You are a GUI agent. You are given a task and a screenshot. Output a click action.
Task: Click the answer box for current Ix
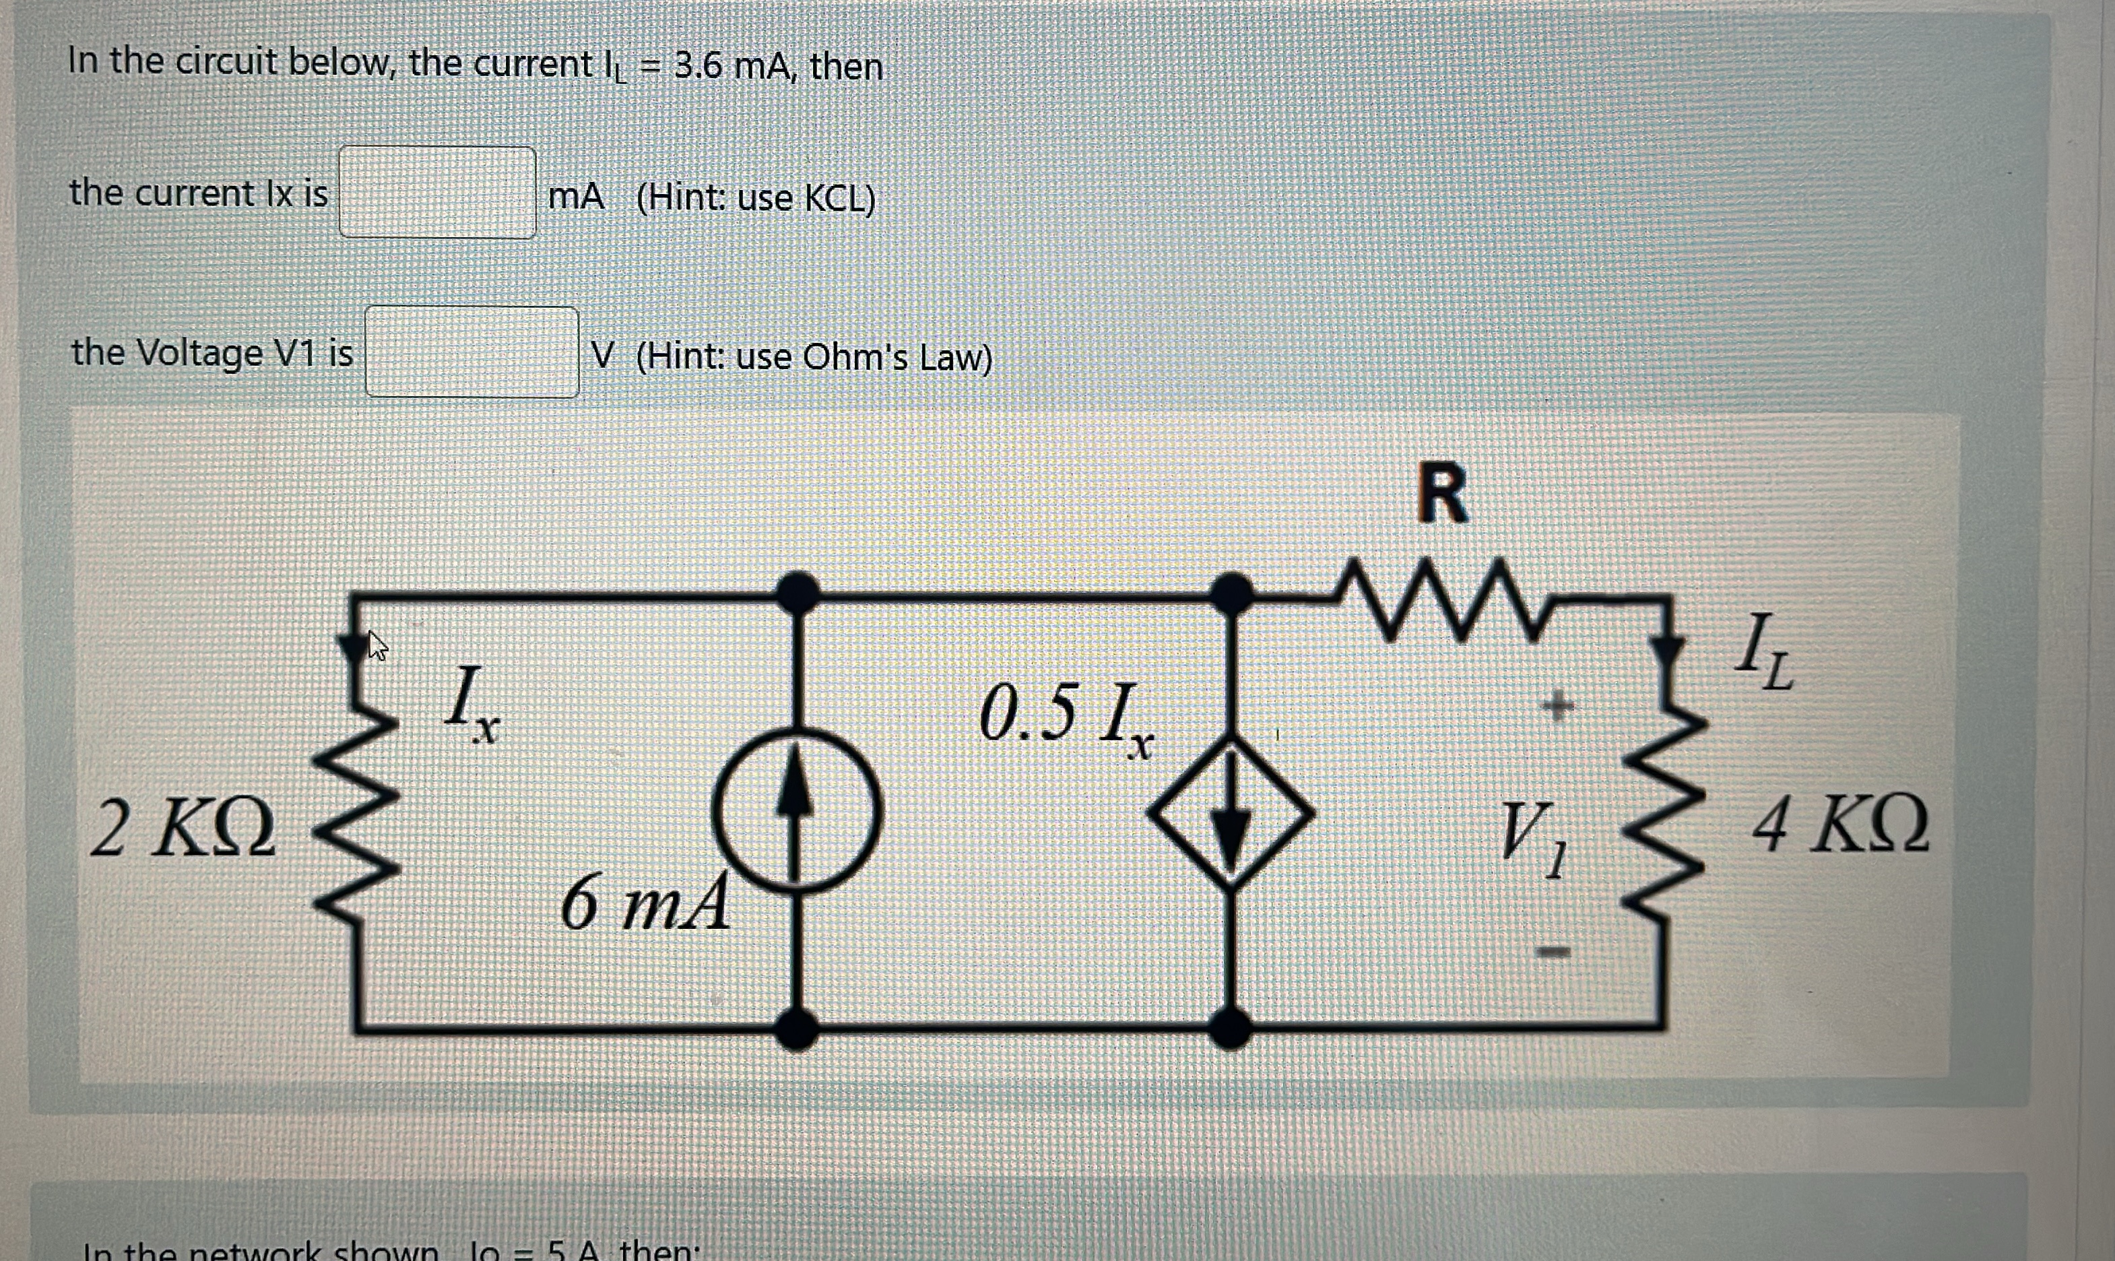(437, 192)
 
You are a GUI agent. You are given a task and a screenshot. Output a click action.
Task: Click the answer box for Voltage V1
(472, 352)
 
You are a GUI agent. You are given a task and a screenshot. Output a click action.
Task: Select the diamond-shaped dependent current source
(1230, 813)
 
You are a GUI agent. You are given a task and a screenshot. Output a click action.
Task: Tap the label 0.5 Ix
(1066, 719)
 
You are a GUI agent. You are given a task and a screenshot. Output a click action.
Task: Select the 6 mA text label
(645, 903)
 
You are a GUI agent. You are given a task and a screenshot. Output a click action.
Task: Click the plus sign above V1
(1557, 705)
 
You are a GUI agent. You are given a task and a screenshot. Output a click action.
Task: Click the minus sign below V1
(1553, 952)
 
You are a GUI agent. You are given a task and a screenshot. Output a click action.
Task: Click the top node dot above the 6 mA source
(797, 592)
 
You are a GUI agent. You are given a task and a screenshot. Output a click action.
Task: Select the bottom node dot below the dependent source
(1229, 1027)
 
